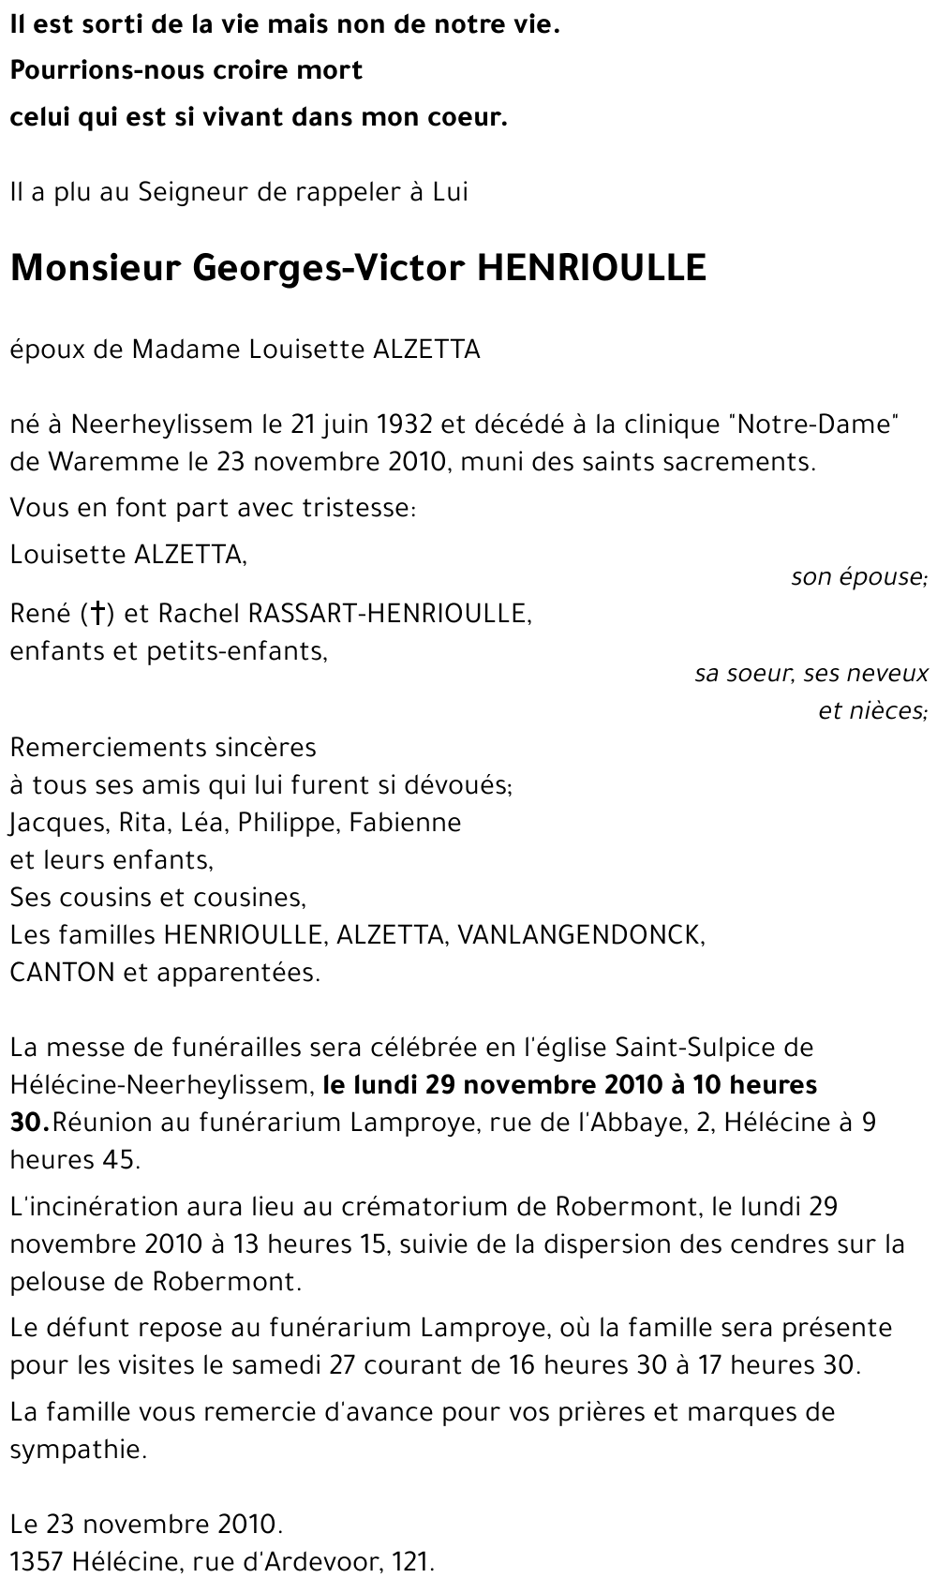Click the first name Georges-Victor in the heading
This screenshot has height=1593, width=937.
(x=328, y=269)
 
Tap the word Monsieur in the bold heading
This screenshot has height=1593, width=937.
(x=93, y=269)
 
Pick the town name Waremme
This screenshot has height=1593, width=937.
(x=113, y=462)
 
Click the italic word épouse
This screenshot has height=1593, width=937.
(x=887, y=577)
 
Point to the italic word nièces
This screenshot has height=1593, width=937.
(x=872, y=710)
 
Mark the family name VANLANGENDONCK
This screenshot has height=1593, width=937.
(x=581, y=935)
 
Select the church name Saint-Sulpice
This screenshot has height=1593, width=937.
(x=694, y=1047)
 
